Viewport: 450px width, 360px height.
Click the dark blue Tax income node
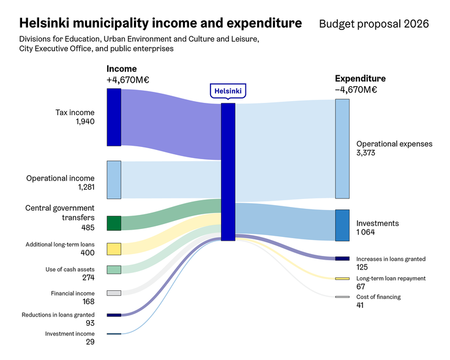point(114,117)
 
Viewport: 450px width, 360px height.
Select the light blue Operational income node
point(114,180)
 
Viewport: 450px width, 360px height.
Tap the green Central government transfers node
point(114,223)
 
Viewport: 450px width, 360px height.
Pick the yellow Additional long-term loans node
point(114,249)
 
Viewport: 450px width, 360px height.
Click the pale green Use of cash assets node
point(114,269)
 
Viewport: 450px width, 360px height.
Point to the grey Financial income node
point(114,293)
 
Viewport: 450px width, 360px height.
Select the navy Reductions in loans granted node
point(114,315)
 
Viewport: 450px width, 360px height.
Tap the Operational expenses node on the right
point(342,148)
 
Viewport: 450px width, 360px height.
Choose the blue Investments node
point(342,225)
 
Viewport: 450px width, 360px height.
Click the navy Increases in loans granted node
point(342,258)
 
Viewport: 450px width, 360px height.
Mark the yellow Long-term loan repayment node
point(342,279)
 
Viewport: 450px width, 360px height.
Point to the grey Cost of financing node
point(342,297)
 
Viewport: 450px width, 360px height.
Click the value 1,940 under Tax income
point(85,122)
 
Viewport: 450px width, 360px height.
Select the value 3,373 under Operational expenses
point(367,153)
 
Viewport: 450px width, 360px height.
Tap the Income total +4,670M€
point(128,80)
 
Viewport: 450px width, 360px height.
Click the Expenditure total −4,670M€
point(356,89)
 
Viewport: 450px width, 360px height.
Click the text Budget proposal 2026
point(373,24)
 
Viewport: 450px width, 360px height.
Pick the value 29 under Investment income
point(90,342)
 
